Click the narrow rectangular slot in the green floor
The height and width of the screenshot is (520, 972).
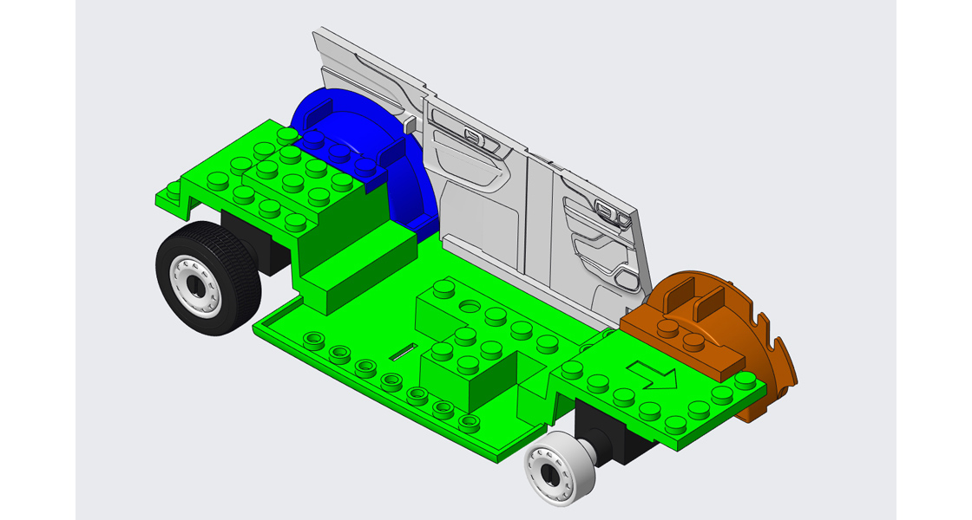pos(401,351)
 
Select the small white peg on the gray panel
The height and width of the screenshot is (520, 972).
pos(409,125)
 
